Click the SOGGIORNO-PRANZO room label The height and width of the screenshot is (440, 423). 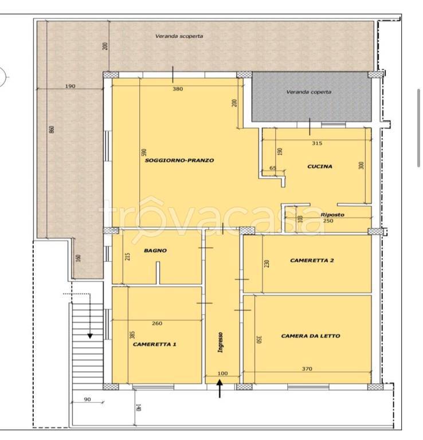pyautogui.click(x=179, y=160)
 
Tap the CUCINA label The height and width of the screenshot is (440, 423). pyautogui.click(x=320, y=166)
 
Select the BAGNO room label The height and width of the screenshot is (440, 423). pyautogui.click(x=155, y=250)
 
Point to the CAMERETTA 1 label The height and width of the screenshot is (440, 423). pyautogui.click(x=154, y=344)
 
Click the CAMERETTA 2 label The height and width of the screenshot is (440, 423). pyautogui.click(x=312, y=261)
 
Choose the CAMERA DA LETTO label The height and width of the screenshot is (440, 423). pyautogui.click(x=311, y=336)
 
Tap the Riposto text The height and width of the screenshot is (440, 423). pyautogui.click(x=332, y=215)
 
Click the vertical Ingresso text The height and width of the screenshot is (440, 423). pyautogui.click(x=221, y=343)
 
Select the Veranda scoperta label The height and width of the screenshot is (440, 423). pyautogui.click(x=179, y=36)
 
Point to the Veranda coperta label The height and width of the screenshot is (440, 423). pyautogui.click(x=309, y=92)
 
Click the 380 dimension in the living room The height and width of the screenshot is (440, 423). pyautogui.click(x=178, y=89)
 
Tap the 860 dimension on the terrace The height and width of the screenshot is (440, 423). pyautogui.click(x=51, y=129)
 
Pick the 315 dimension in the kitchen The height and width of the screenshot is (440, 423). pyautogui.click(x=317, y=143)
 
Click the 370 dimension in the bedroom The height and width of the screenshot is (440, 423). pyautogui.click(x=307, y=369)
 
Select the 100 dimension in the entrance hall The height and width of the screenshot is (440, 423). pyautogui.click(x=222, y=374)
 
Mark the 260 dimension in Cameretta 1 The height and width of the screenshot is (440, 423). pyautogui.click(x=157, y=324)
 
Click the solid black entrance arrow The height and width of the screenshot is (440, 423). pyautogui.click(x=220, y=388)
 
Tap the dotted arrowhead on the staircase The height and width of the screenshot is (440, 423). pyautogui.click(x=90, y=336)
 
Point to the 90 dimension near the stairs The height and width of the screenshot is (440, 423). pyautogui.click(x=87, y=399)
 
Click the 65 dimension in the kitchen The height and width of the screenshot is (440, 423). pyautogui.click(x=273, y=168)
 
